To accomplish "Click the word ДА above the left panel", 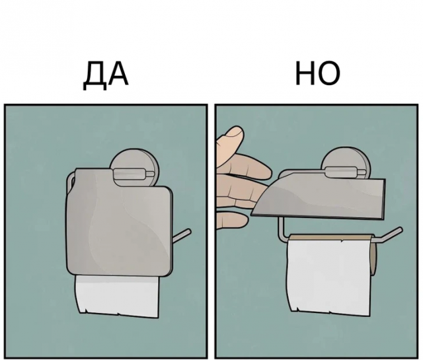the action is (x=106, y=76).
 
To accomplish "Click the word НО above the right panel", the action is (x=317, y=73).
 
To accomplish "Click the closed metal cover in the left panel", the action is (x=119, y=222).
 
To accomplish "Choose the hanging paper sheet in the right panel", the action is (x=328, y=277).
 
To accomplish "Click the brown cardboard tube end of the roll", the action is (x=373, y=258).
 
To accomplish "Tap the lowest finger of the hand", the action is (x=231, y=219).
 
